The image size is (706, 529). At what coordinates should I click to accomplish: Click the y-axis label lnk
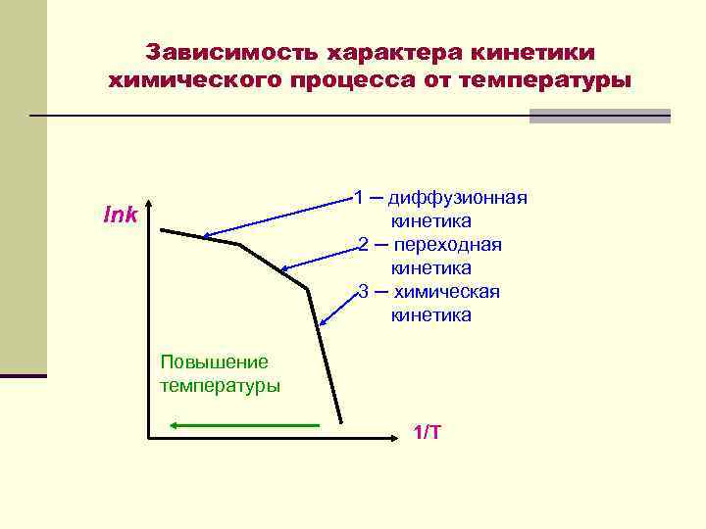(121, 215)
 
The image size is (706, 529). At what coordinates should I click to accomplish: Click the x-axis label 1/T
(427, 432)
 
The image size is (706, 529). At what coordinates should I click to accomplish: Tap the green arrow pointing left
(245, 425)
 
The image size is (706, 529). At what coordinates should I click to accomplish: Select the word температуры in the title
(552, 79)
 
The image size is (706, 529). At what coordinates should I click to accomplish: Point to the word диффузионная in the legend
(458, 198)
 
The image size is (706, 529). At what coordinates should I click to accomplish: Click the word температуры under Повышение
(220, 385)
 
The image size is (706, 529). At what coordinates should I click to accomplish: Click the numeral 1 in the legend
(359, 198)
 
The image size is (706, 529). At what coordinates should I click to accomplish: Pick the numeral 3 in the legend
(363, 292)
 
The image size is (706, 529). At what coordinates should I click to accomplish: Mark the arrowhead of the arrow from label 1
(206, 236)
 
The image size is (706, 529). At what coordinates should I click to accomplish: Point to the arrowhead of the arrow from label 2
(283, 269)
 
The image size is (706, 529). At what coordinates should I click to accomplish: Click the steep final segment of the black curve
(324, 357)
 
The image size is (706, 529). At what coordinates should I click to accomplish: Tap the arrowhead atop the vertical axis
(147, 208)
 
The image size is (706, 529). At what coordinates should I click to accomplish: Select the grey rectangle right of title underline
(599, 116)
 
